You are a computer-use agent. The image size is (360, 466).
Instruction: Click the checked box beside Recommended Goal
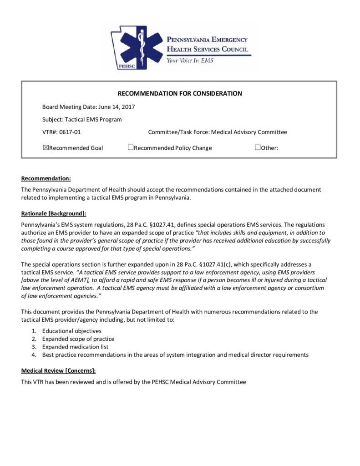[46, 147]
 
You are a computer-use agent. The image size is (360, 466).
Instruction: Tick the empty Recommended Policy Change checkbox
[130, 147]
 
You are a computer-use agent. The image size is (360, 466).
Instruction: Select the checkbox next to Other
[257, 147]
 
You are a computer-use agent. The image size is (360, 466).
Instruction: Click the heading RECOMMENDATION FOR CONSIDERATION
[180, 94]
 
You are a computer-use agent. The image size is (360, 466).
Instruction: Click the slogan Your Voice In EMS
[190, 60]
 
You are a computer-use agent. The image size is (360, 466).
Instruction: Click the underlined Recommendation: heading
[46, 178]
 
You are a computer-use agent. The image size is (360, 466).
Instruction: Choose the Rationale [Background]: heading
[53, 213]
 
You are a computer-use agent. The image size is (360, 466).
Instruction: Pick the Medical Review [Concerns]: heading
[58, 371]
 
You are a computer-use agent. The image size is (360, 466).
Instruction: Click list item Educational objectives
[72, 331]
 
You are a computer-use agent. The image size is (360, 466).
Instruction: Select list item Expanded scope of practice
[78, 339]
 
